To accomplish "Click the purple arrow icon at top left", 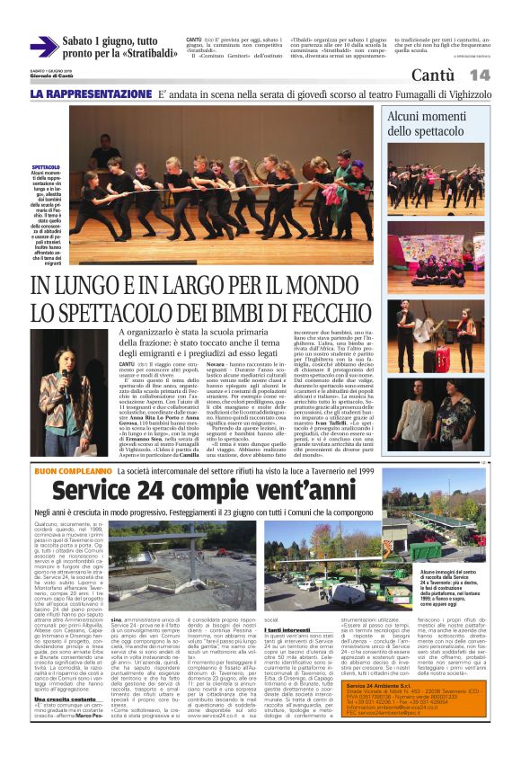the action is tap(44, 46).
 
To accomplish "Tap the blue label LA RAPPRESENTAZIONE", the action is tap(92, 94).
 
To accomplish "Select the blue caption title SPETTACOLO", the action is tap(46, 167).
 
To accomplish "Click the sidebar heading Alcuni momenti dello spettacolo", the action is tap(448, 123).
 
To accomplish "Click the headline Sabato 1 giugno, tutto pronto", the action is tap(118, 48).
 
